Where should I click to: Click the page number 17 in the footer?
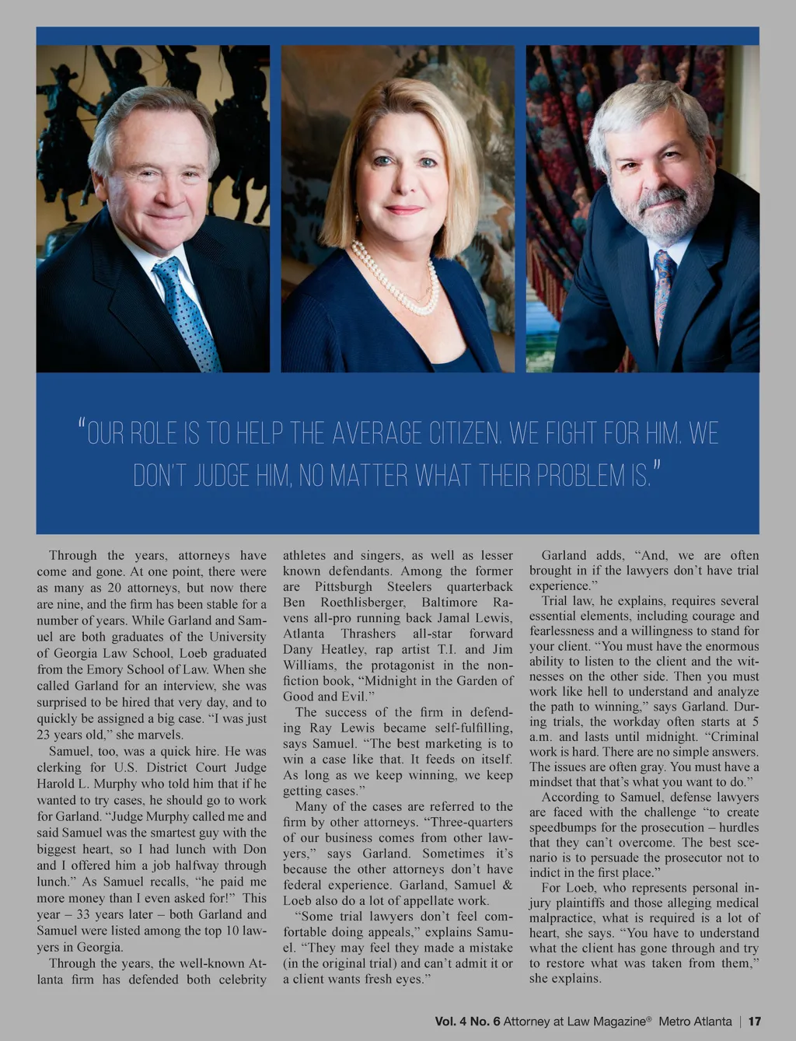[754, 1022]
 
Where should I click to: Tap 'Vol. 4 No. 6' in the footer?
[467, 1022]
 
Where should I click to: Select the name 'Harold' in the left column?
[58, 784]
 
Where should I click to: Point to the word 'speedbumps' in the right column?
[567, 827]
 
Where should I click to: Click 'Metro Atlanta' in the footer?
[693, 1022]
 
